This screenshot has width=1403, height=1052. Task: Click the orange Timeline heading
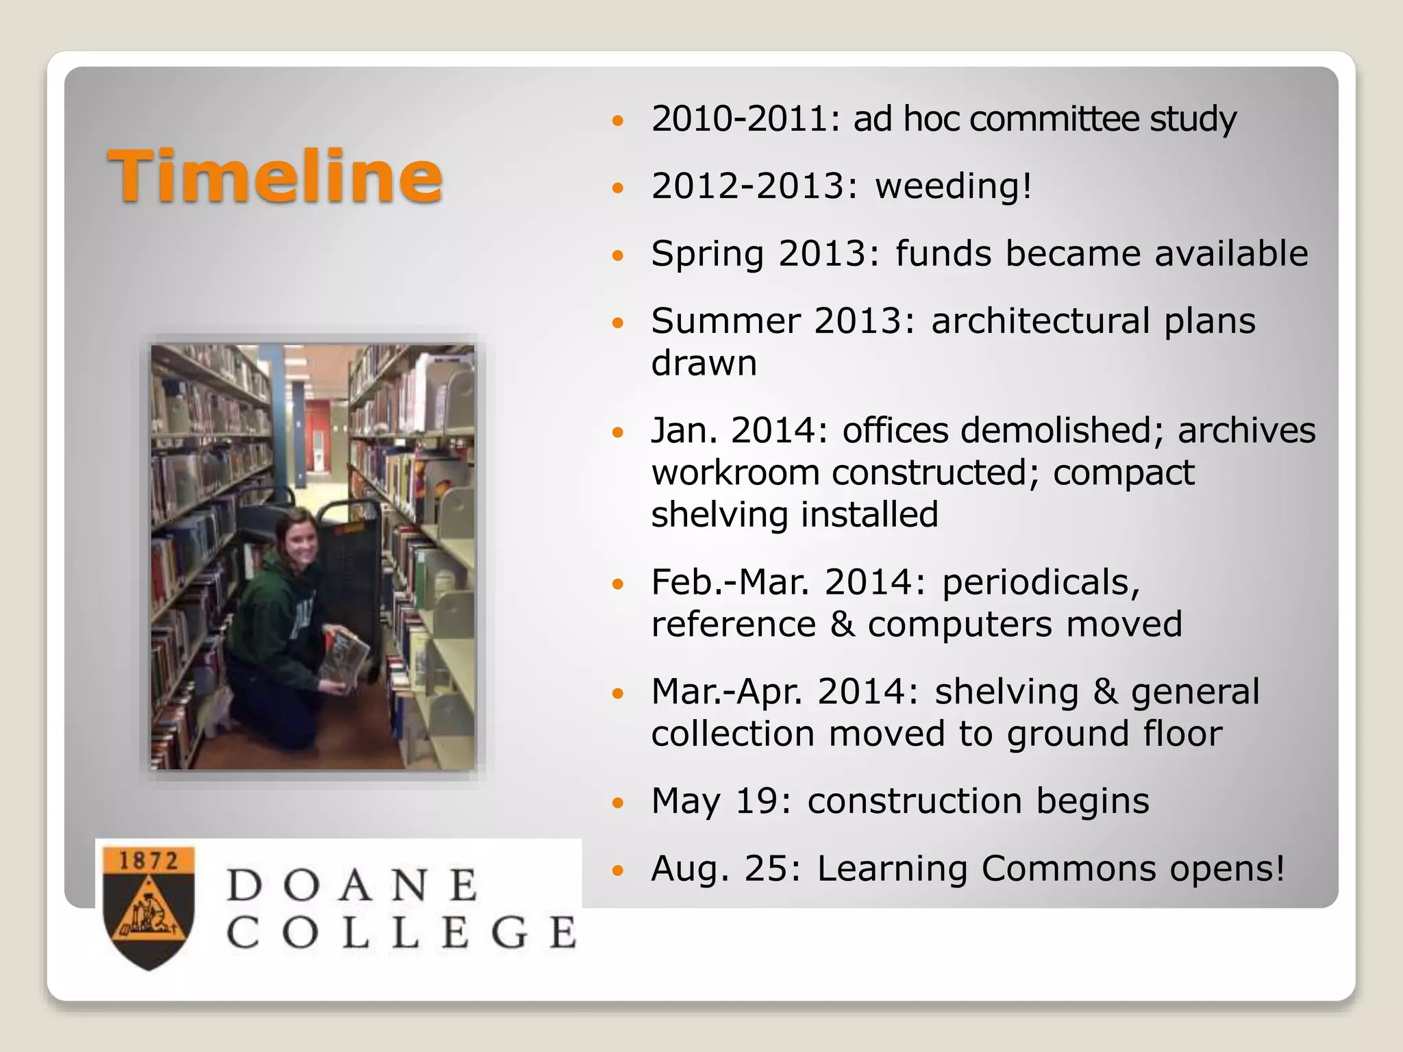click(275, 177)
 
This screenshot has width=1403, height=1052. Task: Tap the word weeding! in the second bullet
click(953, 186)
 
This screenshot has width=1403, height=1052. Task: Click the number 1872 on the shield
click(148, 861)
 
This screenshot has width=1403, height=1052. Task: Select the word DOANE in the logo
click(352, 885)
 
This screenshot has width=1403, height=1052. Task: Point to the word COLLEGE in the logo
click(401, 933)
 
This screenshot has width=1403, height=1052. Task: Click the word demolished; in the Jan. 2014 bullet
click(1061, 431)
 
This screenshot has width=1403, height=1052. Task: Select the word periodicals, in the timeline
click(1041, 583)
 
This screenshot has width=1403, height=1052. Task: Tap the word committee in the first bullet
click(1054, 119)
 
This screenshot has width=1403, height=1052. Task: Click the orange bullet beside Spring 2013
click(619, 256)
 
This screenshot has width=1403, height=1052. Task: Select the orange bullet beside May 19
click(619, 803)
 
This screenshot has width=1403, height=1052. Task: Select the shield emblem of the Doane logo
click(149, 907)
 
